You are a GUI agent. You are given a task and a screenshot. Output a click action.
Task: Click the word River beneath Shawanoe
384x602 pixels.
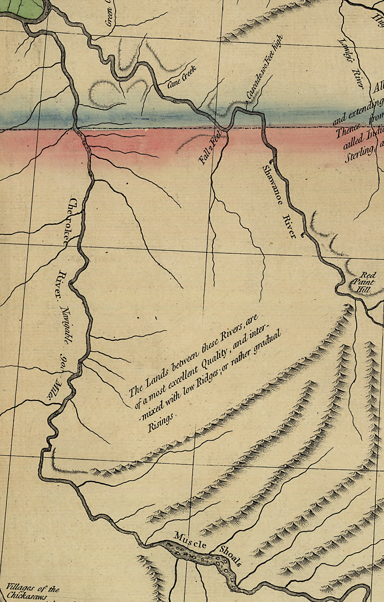[x=289, y=226]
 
